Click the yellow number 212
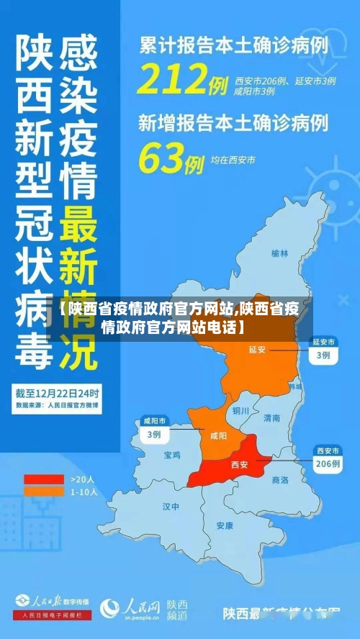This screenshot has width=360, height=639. click(x=173, y=79)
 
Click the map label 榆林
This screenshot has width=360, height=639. click(x=279, y=253)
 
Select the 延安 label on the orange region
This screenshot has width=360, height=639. click(x=257, y=350)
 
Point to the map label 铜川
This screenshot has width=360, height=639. click(x=240, y=411)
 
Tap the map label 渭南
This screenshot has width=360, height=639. click(x=271, y=417)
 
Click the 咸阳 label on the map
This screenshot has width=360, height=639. click(x=217, y=435)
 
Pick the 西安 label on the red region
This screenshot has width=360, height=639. click(x=239, y=465)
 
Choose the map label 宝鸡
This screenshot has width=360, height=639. click(x=172, y=455)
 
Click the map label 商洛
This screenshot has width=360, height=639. click(x=279, y=479)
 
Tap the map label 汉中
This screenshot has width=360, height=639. click(x=171, y=506)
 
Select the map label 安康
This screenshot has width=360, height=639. click(x=225, y=525)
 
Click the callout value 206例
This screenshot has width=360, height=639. click(x=328, y=464)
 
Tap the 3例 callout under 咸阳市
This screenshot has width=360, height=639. click(x=153, y=434)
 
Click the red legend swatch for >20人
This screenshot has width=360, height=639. click(x=44, y=479)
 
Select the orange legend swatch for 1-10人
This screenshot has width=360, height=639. click(x=44, y=491)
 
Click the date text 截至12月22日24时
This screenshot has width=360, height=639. click(x=58, y=394)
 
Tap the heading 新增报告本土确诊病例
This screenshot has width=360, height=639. click(x=233, y=123)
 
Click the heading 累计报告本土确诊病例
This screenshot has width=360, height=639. click(x=233, y=45)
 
